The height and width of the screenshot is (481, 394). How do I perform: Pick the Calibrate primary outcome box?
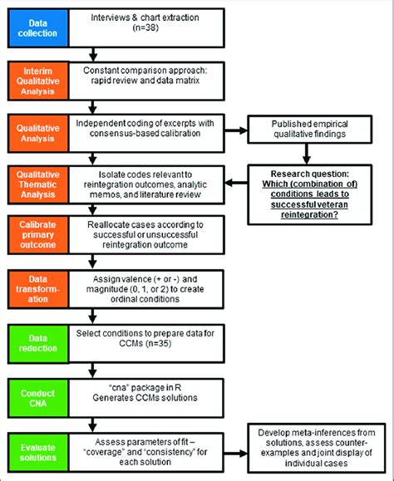37,234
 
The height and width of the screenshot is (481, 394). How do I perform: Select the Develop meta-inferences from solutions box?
319,449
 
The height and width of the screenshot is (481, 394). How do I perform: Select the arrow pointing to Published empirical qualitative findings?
237,130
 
